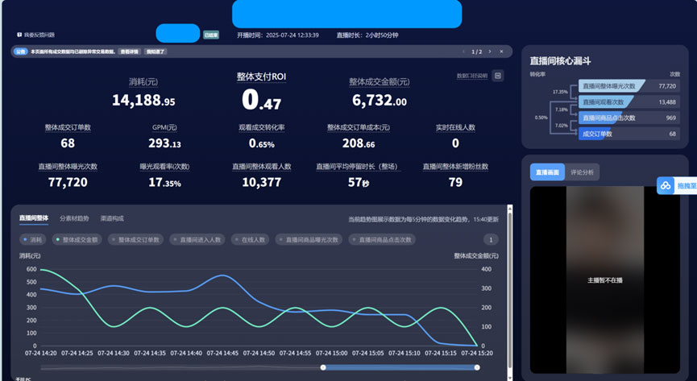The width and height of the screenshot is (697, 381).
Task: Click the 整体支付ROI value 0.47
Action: [261, 100]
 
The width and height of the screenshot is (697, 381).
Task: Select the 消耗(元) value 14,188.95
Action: [143, 101]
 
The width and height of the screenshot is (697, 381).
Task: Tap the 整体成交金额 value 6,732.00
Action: [379, 101]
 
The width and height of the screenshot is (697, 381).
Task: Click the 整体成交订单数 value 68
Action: [68, 143]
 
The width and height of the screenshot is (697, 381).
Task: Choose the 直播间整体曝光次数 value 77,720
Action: [68, 183]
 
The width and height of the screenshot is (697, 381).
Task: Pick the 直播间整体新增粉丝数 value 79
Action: [455, 183]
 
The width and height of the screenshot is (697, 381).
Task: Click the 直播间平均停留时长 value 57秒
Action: [359, 183]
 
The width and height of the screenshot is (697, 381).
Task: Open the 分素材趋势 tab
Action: [74, 218]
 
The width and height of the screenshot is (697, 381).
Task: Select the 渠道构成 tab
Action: [112, 218]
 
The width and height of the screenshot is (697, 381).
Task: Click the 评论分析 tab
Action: [582, 172]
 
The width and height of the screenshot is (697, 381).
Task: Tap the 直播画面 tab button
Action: [547, 172]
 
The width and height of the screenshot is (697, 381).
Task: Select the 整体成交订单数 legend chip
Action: [136, 239]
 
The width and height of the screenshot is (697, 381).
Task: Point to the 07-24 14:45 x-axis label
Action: [223, 353]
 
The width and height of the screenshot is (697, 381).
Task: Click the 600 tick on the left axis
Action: [31, 270]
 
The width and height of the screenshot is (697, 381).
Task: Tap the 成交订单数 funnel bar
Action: [599, 133]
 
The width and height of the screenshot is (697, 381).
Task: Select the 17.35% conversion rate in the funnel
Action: [560, 92]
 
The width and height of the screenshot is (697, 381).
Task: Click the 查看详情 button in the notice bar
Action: [128, 52]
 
